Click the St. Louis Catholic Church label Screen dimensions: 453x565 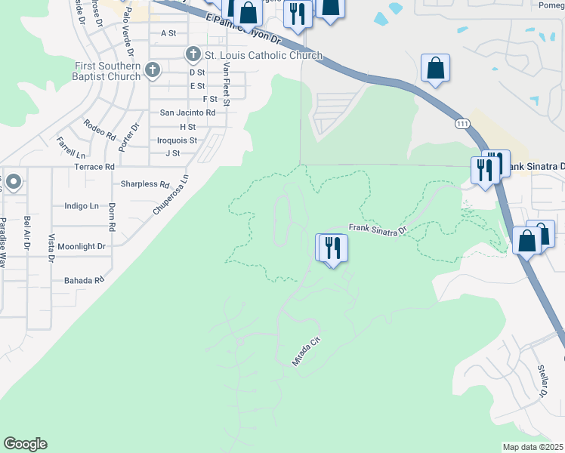point(264,55)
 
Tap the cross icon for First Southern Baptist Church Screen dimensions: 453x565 point(153,71)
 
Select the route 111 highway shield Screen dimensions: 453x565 point(461,122)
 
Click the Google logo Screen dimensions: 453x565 point(25,444)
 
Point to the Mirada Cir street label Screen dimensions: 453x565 point(307,352)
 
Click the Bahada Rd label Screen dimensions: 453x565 point(84,280)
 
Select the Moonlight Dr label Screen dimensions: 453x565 point(82,246)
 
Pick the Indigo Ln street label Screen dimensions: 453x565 point(82,205)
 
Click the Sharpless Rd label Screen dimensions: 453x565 point(145,183)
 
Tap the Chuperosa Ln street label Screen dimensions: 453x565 point(170,196)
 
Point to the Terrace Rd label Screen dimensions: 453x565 point(94,166)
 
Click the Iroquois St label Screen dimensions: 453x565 point(177,140)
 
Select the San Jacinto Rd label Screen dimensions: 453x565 point(187,112)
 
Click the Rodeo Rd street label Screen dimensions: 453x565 point(100,130)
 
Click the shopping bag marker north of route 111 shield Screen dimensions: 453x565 point(436,69)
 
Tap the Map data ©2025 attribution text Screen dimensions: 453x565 point(533,447)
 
